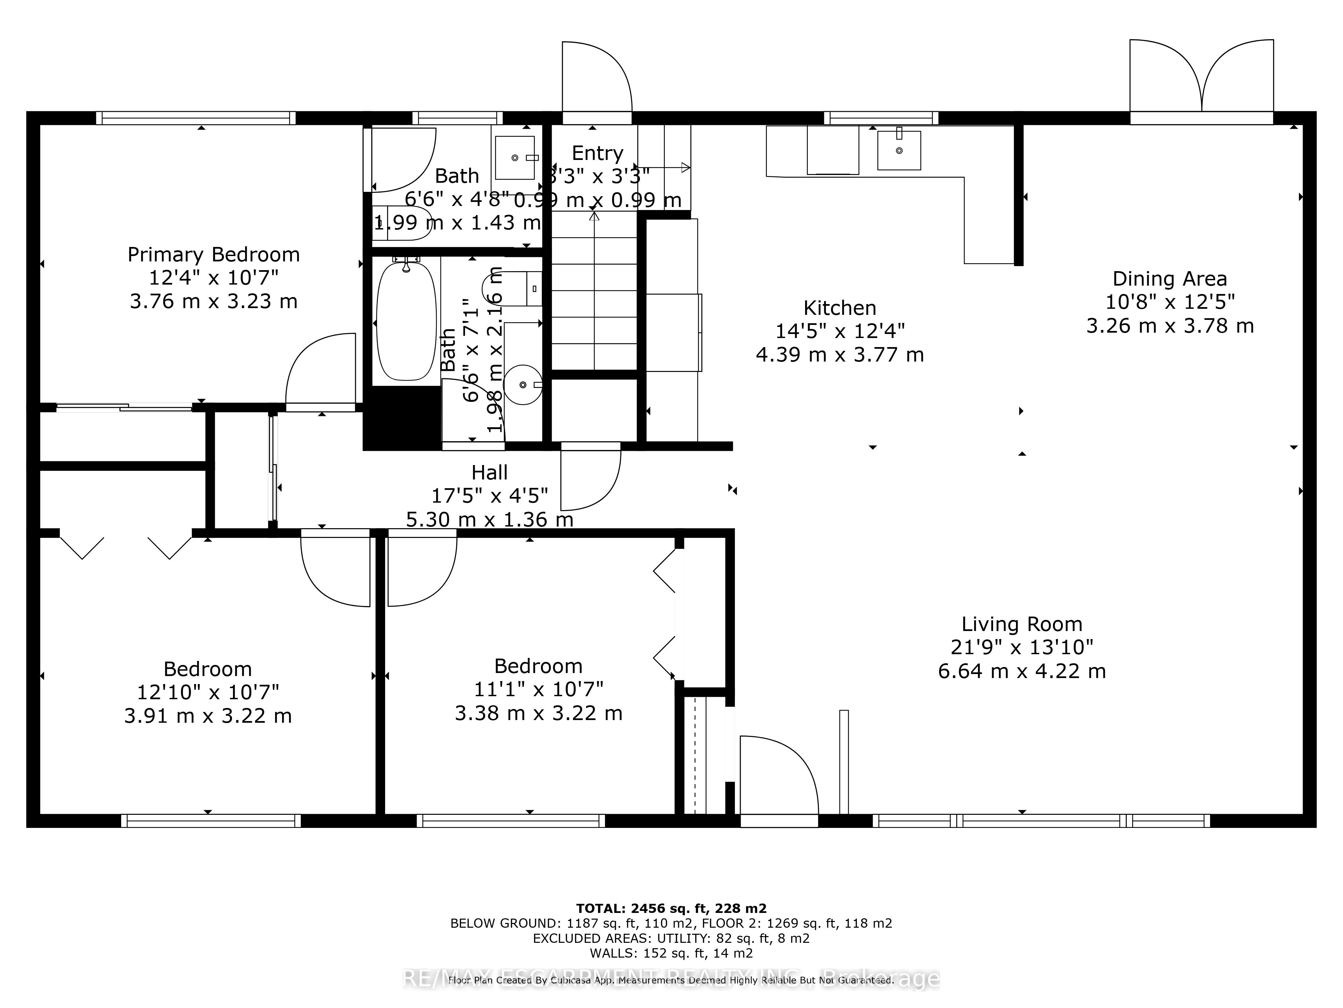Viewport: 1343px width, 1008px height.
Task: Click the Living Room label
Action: pyautogui.click(x=1021, y=624)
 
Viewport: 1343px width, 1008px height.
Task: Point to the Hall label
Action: pyautogui.click(x=490, y=472)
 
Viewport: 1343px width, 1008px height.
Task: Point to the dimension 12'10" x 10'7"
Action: pyautogui.click(x=207, y=692)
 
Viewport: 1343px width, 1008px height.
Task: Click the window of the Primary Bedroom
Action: pyautogui.click(x=195, y=118)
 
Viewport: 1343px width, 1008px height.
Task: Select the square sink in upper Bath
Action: pyautogui.click(x=515, y=157)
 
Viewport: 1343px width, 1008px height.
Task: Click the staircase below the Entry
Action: pyautogui.click(x=594, y=292)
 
